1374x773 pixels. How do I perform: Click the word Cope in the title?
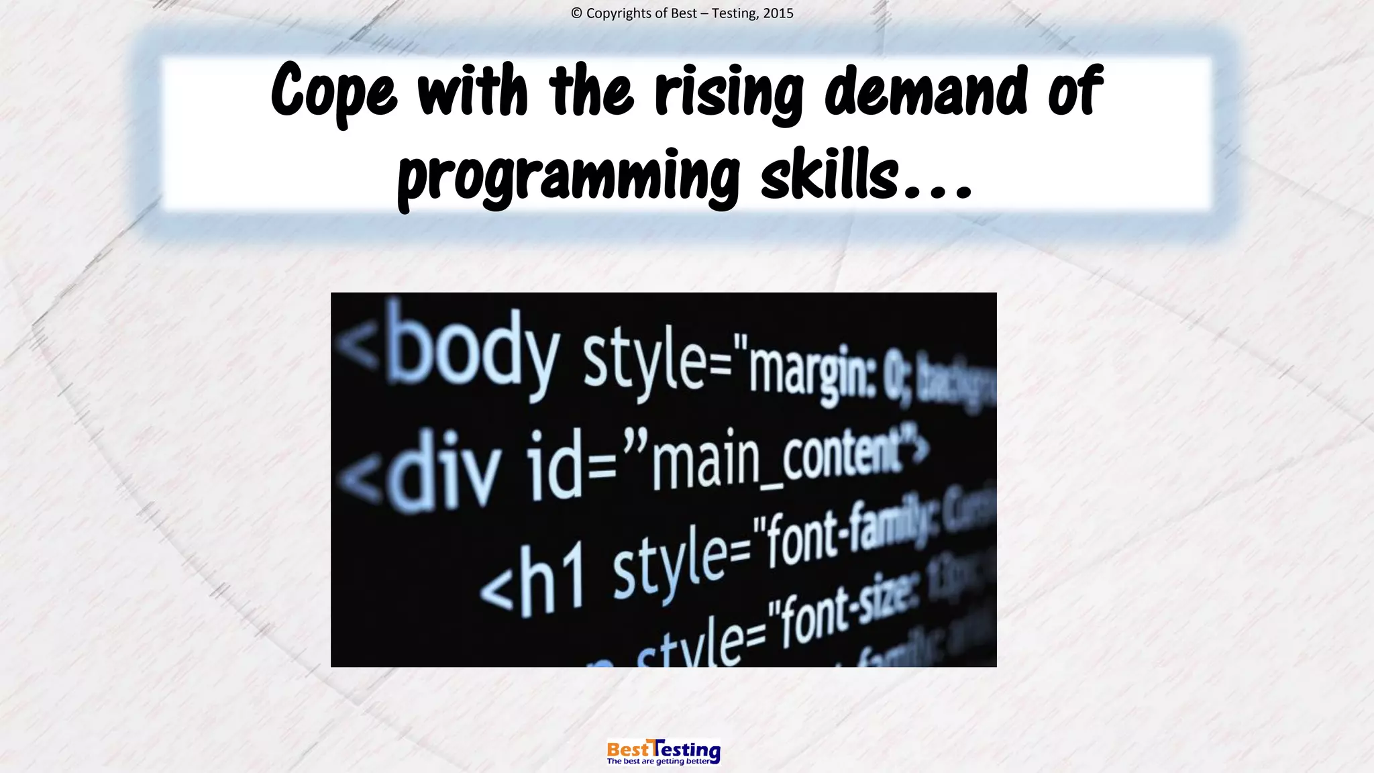tap(333, 91)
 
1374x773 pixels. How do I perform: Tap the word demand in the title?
tap(926, 90)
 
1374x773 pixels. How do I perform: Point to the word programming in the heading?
tap(569, 176)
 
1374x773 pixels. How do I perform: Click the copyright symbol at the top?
tap(576, 13)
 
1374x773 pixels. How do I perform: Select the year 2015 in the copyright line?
tap(778, 13)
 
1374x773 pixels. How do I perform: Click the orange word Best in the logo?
tap(628, 749)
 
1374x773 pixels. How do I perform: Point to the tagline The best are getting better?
tap(658, 762)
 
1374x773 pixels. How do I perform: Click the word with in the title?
tap(472, 90)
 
